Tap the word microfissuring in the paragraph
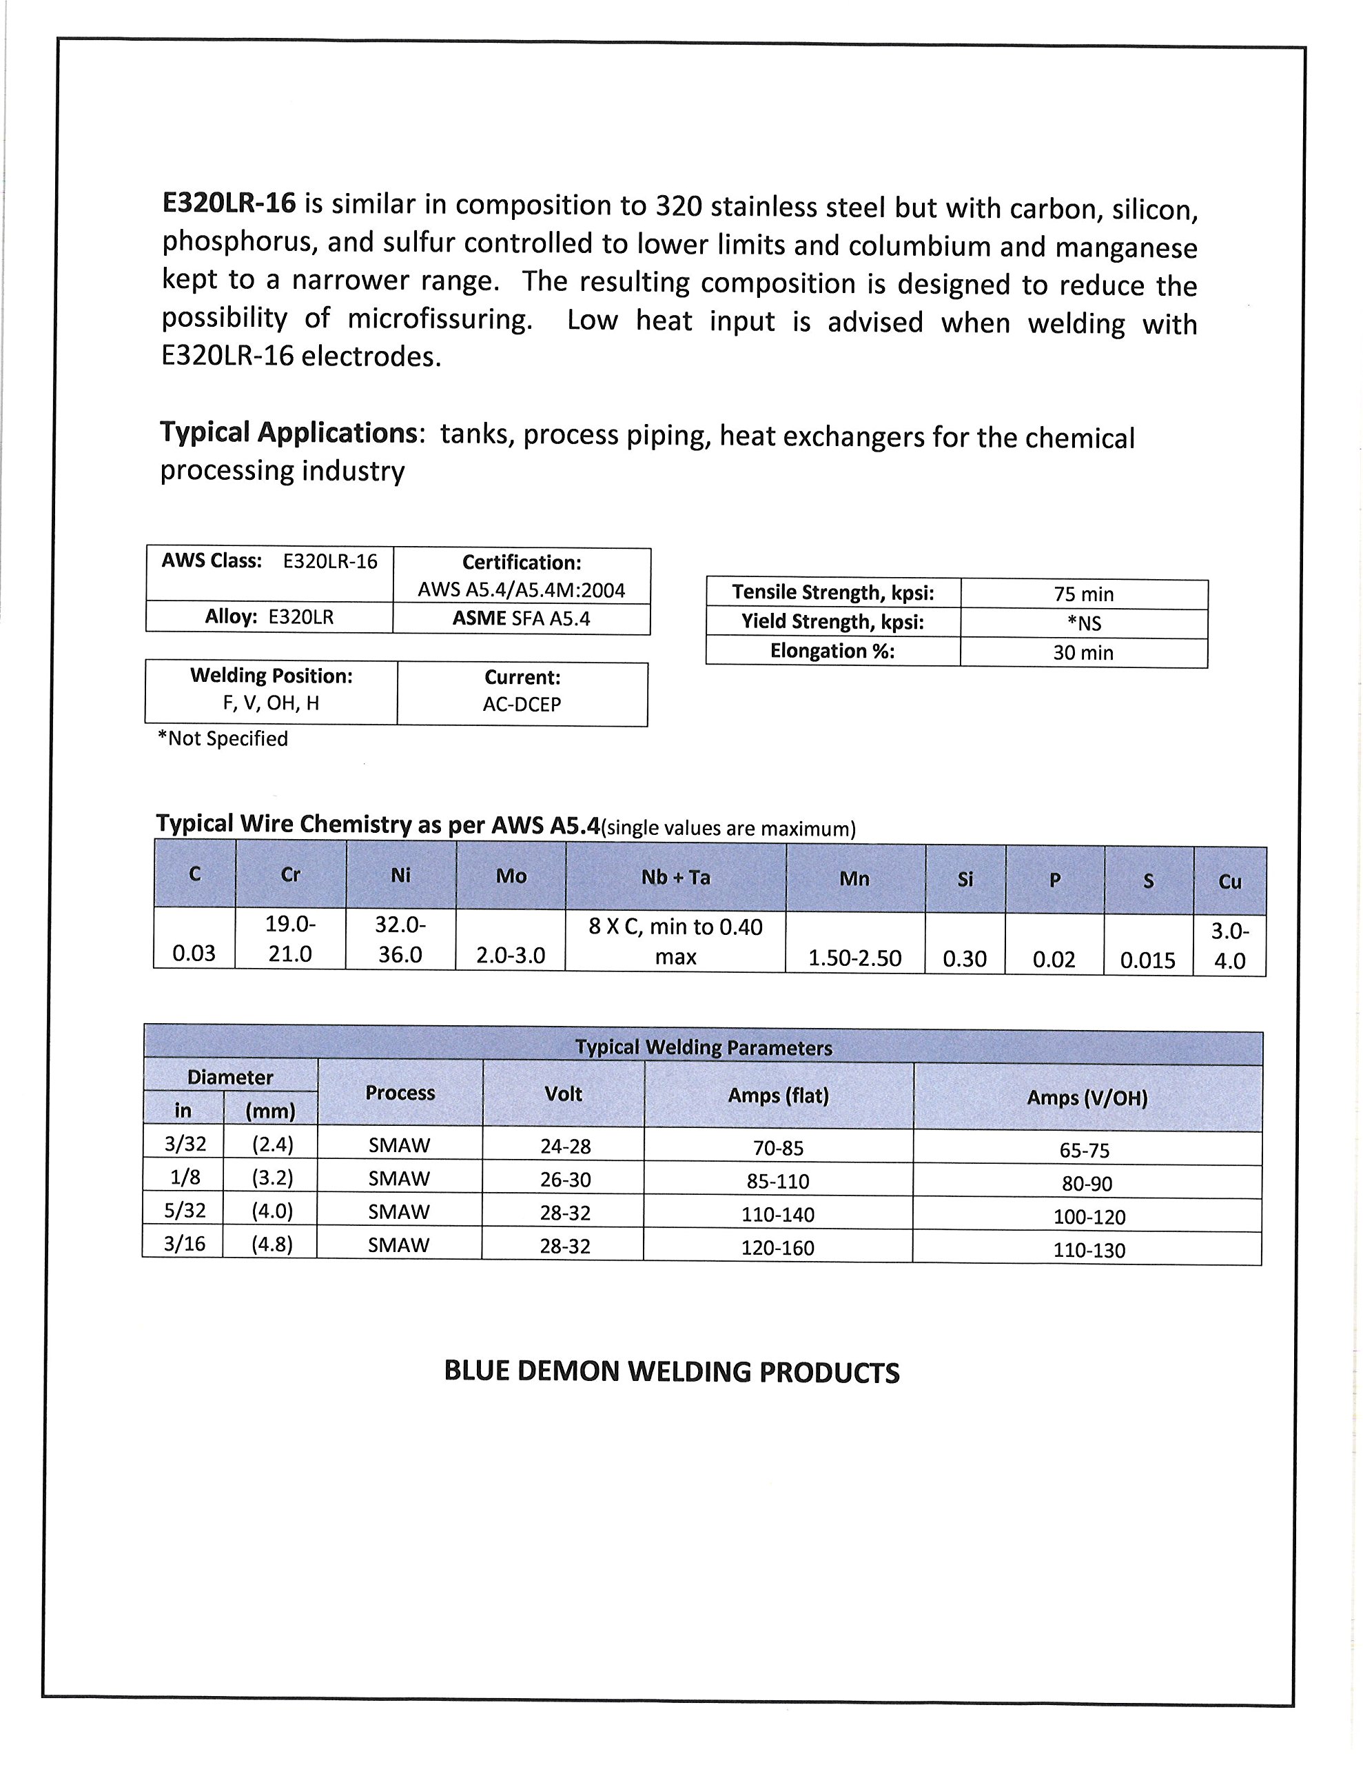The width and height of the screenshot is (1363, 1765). point(440,319)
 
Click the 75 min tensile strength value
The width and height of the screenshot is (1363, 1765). point(1083,595)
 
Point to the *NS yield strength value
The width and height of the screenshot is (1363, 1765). point(1083,624)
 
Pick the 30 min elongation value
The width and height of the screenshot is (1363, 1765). point(1083,653)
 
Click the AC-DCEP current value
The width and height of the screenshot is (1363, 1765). point(522,705)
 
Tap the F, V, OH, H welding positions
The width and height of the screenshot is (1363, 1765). point(271,703)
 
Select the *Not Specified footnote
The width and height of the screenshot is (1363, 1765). point(223,738)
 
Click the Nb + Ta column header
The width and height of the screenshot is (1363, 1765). point(675,878)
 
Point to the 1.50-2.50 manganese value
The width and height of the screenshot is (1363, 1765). point(855,958)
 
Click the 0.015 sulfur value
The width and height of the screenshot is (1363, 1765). point(1147,961)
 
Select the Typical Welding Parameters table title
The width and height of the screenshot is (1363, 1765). point(703,1048)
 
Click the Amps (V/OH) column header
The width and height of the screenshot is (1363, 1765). point(1087,1098)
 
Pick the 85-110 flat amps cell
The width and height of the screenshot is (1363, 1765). point(778,1182)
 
